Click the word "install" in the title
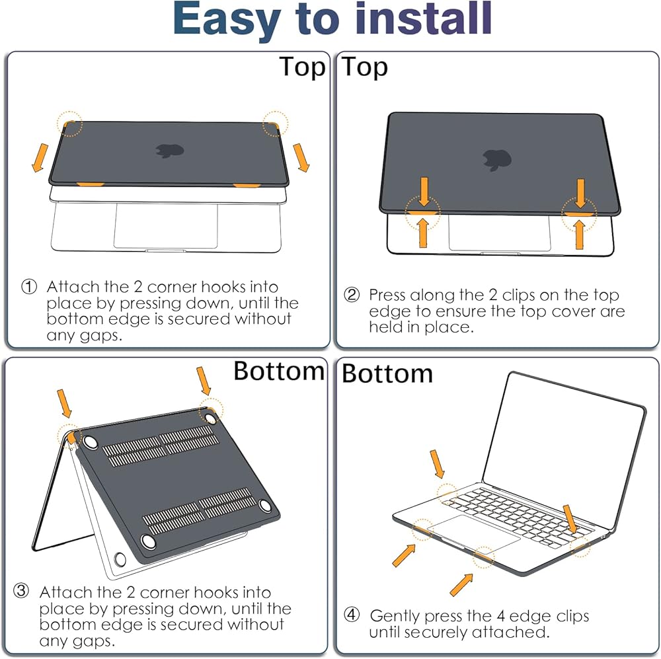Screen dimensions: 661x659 coord(423,19)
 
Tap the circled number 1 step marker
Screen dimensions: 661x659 coord(29,287)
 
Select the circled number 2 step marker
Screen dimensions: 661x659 coord(352,294)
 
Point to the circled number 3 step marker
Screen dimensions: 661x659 coord(21,591)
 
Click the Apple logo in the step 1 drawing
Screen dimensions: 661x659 coord(170,151)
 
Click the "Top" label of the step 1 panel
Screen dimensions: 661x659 coord(303,67)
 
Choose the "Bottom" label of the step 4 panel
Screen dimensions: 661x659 coord(387,373)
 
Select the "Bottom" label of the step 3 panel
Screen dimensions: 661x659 coord(279,371)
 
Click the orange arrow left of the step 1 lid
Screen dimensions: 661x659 coord(40,158)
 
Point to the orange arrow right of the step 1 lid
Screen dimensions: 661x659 coord(301,158)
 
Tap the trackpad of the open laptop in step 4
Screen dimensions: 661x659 coord(473,534)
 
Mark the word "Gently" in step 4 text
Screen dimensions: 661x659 coord(395,617)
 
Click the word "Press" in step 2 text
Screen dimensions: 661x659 coord(387,295)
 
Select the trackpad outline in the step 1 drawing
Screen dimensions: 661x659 coord(166,225)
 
